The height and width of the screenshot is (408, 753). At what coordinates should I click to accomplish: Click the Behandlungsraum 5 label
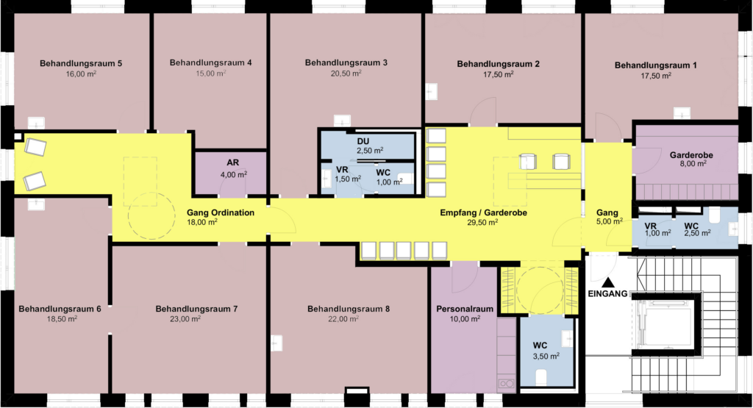(81, 63)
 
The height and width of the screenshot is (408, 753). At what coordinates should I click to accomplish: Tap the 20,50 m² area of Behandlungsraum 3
(346, 74)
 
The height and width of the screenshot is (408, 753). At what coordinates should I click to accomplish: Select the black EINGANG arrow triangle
(608, 282)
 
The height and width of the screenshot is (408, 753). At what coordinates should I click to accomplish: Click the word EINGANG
(607, 294)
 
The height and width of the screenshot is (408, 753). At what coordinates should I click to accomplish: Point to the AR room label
(233, 162)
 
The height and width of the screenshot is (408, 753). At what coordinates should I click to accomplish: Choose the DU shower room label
(363, 142)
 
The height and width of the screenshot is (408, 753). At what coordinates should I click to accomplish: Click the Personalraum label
(465, 309)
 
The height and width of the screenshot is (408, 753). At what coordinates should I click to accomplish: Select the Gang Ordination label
(221, 212)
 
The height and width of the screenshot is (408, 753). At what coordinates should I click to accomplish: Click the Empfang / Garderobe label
(484, 212)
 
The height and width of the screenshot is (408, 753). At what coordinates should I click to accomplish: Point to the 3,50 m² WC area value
(546, 356)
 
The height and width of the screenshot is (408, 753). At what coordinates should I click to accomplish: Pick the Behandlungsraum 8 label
(349, 309)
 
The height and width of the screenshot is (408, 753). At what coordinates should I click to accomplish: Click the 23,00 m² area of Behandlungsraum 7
(185, 319)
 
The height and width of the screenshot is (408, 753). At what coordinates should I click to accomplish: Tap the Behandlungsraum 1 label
(655, 65)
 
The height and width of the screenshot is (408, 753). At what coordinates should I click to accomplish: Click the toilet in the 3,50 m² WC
(541, 377)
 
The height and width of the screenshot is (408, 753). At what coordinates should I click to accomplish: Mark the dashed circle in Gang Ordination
(128, 215)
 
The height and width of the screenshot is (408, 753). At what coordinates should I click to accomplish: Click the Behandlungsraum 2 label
(498, 64)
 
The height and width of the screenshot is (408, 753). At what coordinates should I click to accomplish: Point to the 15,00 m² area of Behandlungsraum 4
(211, 74)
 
